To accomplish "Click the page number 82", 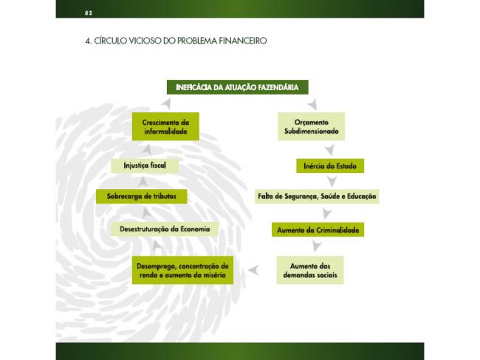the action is point(89,13).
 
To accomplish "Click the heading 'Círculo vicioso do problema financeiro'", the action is point(176,41).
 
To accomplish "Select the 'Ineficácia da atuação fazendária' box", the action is point(238,87).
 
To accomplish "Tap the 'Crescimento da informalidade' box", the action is point(165,126).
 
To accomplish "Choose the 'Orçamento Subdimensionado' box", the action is point(312,126).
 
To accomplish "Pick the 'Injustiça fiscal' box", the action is point(145,166).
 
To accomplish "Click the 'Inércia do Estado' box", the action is point(330,166).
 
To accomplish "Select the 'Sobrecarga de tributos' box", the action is point(142,197).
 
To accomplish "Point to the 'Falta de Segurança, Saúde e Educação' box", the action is point(317,197).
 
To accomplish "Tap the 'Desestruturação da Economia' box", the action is point(165,229).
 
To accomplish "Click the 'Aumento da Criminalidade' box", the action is point(318,230).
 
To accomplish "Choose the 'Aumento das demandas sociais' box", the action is point(310,271).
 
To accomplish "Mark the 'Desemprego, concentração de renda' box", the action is point(182,271).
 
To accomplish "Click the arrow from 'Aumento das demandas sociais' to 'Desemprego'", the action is point(254,271).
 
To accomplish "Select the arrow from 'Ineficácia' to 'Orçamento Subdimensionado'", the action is point(312,104).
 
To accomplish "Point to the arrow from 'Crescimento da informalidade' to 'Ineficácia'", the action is point(167,104).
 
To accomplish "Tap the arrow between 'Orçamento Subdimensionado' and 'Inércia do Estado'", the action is point(329,150).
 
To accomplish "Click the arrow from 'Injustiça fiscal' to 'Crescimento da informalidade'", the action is point(147,150).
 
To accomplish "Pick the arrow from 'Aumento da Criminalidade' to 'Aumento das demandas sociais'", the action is point(317,246).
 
